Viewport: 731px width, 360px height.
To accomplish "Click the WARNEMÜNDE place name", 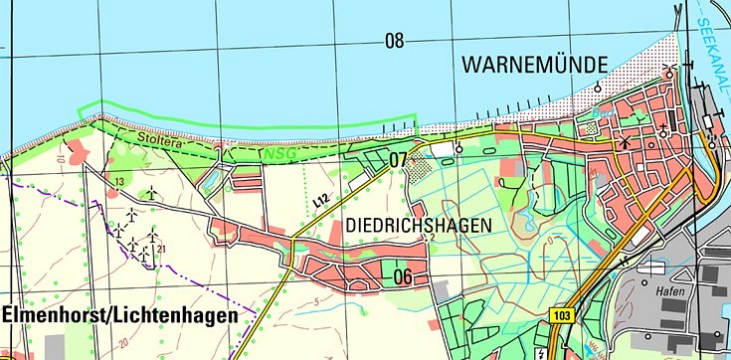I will (x=534, y=66).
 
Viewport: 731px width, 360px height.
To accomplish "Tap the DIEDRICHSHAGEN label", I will (x=419, y=226).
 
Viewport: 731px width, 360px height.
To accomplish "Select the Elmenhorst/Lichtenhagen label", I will (x=119, y=315).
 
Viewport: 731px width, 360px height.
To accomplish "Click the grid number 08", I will (x=395, y=41).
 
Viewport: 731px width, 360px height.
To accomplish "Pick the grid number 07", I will (x=399, y=159).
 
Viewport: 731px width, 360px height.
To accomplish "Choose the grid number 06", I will (x=402, y=275).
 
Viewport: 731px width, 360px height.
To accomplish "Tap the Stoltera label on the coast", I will (x=157, y=143).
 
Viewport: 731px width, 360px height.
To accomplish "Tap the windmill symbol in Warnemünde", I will (x=625, y=141).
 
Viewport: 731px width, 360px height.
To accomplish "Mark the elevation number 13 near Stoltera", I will (x=119, y=181).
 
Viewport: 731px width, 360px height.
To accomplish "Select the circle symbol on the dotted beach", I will (x=597, y=88).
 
